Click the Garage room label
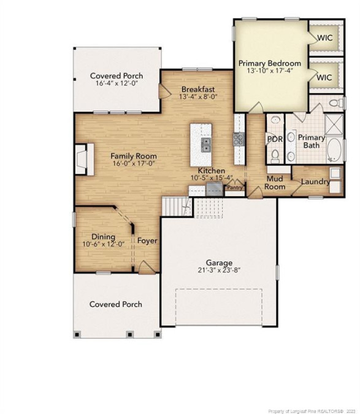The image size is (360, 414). [x=219, y=263]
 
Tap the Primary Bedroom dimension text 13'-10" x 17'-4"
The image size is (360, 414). [x=270, y=71]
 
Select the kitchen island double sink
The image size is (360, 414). [x=206, y=145]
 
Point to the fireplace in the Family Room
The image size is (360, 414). [x=85, y=159]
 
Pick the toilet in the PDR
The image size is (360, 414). [x=275, y=156]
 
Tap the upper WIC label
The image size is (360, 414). [x=324, y=38]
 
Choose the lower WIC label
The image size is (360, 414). [x=324, y=78]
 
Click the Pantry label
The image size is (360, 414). [x=235, y=188]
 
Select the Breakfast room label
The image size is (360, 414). [x=198, y=90]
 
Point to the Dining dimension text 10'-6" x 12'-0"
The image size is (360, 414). [x=103, y=244]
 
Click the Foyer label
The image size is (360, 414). [x=147, y=241]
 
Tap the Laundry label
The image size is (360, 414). [x=315, y=182]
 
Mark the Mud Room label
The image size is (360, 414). [x=275, y=183]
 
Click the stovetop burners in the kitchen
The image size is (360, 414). [x=239, y=139]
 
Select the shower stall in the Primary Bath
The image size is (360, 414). [x=334, y=125]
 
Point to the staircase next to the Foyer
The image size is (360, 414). [x=177, y=207]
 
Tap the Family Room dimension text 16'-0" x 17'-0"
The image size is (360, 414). [x=134, y=163]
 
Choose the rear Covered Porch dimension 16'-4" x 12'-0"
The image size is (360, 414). [x=117, y=83]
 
